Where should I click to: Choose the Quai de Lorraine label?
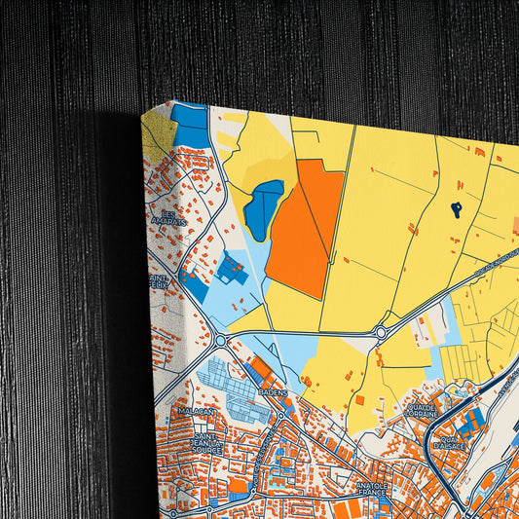[x=420, y=411]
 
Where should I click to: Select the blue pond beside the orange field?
[x=263, y=208]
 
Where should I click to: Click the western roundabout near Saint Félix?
[x=221, y=341]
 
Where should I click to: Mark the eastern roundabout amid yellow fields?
[x=381, y=332]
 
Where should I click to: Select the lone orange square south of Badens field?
[x=359, y=399]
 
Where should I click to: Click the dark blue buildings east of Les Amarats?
[x=230, y=269]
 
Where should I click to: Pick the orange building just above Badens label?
[x=261, y=370]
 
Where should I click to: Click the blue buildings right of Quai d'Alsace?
[x=473, y=421]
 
